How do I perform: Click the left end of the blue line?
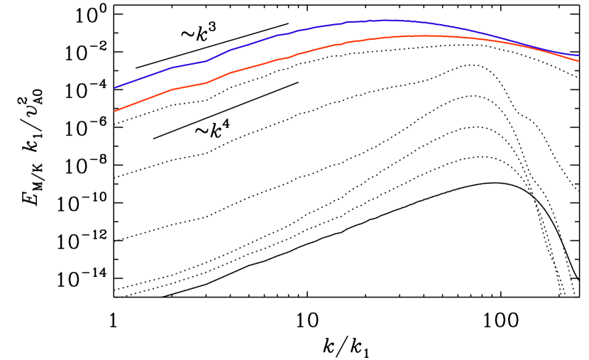point(115,88)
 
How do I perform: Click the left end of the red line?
point(115,111)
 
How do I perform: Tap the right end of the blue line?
point(578,55)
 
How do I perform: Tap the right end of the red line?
point(578,61)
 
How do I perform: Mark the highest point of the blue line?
point(387,21)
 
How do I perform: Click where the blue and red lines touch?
point(529,46)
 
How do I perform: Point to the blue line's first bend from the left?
point(171,68)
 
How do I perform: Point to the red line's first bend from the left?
point(172,90)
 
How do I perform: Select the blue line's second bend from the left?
point(207,61)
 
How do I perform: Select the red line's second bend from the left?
point(207,83)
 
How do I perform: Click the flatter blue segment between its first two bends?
point(189,65)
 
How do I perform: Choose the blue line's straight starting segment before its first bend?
point(143,78)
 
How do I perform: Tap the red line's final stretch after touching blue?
point(557,54)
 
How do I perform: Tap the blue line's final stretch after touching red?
point(557,51)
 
